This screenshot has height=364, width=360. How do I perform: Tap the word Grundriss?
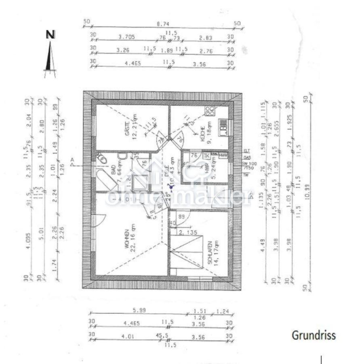tap(314, 335)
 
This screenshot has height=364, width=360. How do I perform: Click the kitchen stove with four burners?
tap(209, 111)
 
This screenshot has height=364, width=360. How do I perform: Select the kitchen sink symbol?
tap(223, 127)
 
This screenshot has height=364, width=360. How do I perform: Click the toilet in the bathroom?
tap(102, 160)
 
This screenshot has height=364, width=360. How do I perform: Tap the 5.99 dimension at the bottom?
tap(139, 311)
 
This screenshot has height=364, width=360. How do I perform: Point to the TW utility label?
tap(246, 175)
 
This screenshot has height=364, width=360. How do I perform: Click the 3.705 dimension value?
tap(126, 37)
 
